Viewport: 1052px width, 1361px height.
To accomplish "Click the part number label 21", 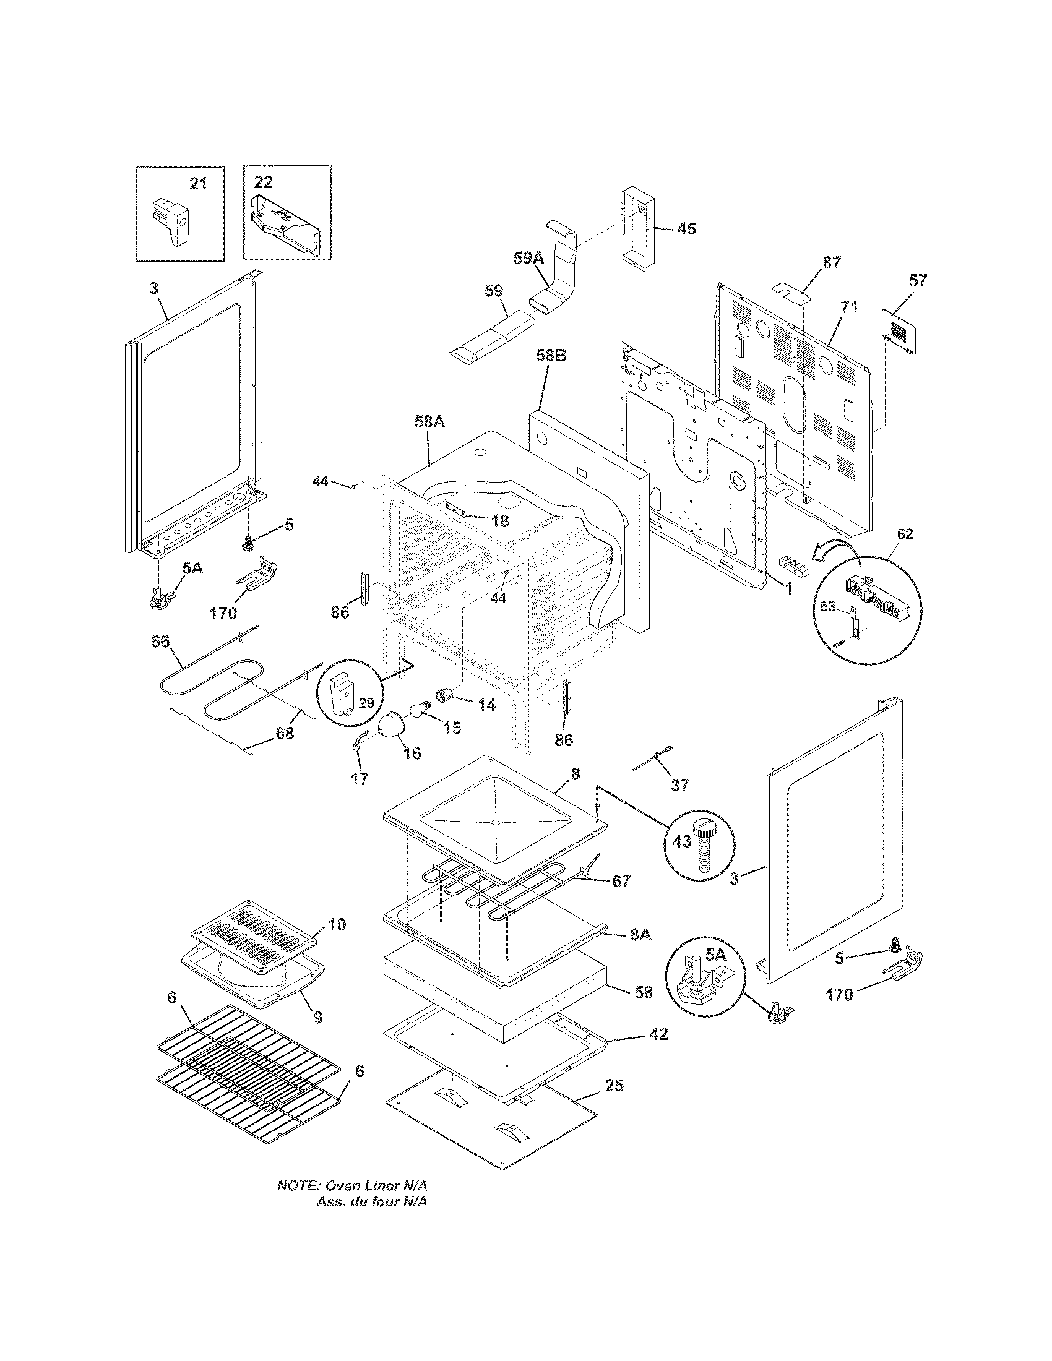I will (x=197, y=184).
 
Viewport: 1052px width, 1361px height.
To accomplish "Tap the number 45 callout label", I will (x=686, y=229).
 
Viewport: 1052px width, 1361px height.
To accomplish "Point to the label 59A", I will (x=528, y=258).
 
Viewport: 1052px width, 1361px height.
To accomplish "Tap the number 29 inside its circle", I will (x=366, y=703).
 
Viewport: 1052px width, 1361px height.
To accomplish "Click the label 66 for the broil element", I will (x=160, y=642).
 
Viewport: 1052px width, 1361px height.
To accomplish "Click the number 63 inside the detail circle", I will (x=827, y=606).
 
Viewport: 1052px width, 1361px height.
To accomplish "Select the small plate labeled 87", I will (x=791, y=291).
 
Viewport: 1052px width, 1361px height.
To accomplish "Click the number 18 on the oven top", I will (x=500, y=521).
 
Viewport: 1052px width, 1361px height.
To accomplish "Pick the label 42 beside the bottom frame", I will (x=658, y=1034).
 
